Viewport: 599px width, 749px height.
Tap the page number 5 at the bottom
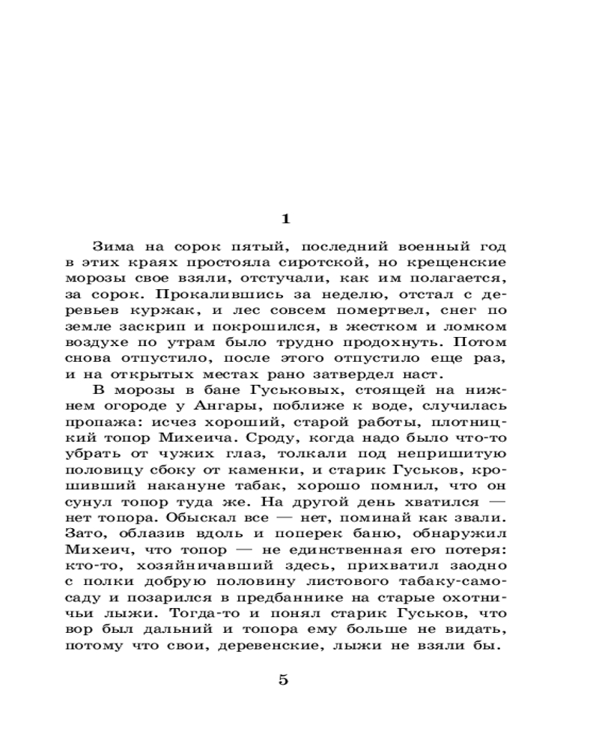click(283, 680)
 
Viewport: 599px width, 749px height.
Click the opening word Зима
click(112, 246)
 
